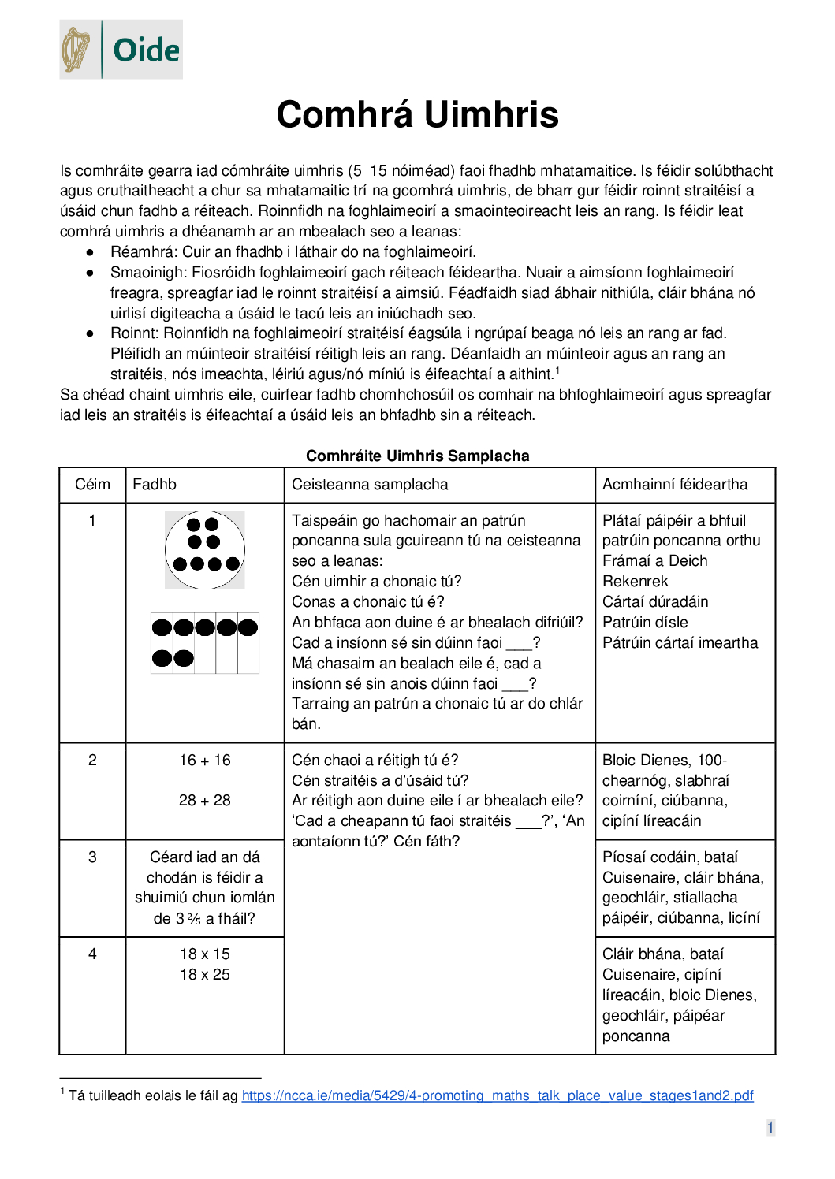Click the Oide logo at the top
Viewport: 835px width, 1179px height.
pyautogui.click(x=121, y=50)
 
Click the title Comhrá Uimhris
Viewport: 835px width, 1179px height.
pyautogui.click(x=417, y=115)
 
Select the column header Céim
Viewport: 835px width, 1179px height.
pyautogui.click(x=92, y=485)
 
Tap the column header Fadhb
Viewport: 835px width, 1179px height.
pyautogui.click(x=155, y=485)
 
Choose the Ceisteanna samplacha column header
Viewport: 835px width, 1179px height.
pyautogui.click(x=370, y=485)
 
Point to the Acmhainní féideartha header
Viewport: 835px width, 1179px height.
pyautogui.click(x=675, y=485)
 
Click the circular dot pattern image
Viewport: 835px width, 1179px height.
pyautogui.click(x=205, y=550)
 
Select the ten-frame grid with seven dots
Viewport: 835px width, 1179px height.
pyautogui.click(x=205, y=643)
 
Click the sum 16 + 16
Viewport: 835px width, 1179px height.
pyautogui.click(x=205, y=761)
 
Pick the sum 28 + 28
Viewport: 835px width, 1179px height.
pyautogui.click(x=205, y=801)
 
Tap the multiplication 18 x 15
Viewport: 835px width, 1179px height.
pyautogui.click(x=205, y=954)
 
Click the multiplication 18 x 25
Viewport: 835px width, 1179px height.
pyautogui.click(x=205, y=975)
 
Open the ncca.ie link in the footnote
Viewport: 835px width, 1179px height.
pyautogui.click(x=498, y=1095)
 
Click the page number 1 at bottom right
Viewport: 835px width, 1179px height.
pyautogui.click(x=770, y=1128)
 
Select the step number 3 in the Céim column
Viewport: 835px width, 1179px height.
pyautogui.click(x=92, y=857)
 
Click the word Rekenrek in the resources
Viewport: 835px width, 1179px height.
pyautogui.click(x=635, y=582)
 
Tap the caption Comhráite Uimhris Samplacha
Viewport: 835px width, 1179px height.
pyautogui.click(x=417, y=456)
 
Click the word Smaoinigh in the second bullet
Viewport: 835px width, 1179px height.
pyautogui.click(x=148, y=273)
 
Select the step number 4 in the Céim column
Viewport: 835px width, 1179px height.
pyautogui.click(x=92, y=954)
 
